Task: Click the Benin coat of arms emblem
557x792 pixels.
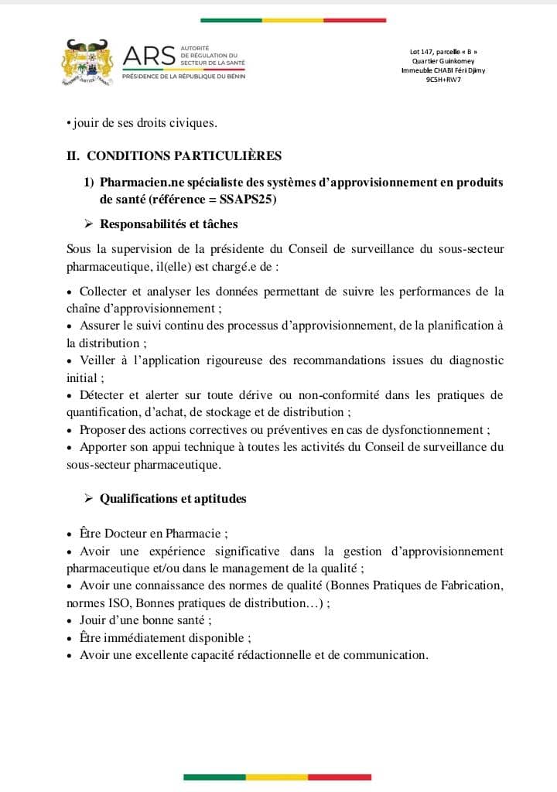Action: click(87, 62)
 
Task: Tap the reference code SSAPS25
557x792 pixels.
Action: click(248, 200)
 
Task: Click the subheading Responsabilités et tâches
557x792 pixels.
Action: click(169, 224)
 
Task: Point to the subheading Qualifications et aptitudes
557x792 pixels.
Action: click(173, 499)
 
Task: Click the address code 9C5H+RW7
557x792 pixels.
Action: click(443, 79)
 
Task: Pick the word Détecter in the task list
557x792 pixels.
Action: click(104, 395)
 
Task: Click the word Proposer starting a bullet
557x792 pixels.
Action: click(104, 430)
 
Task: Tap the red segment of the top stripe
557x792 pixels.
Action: click(354, 20)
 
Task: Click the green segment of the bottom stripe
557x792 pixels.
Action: click(214, 777)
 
